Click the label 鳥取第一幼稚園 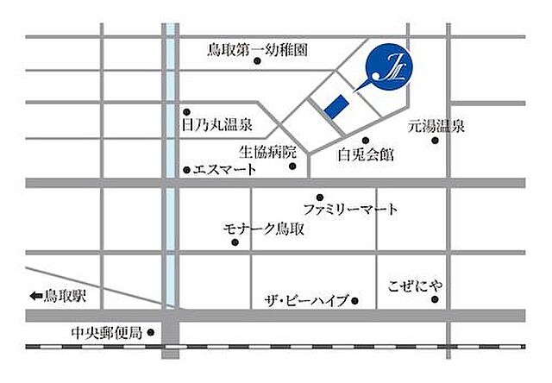[258, 49]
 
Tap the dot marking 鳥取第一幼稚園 [258, 60]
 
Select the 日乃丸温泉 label [216, 126]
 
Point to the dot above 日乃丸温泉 [186, 111]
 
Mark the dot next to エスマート [186, 169]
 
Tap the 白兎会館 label [366, 155]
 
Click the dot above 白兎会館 [366, 140]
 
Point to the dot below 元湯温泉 [435, 141]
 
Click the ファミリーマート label [351, 210]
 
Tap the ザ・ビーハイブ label [307, 300]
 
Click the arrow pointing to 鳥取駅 [35, 296]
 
